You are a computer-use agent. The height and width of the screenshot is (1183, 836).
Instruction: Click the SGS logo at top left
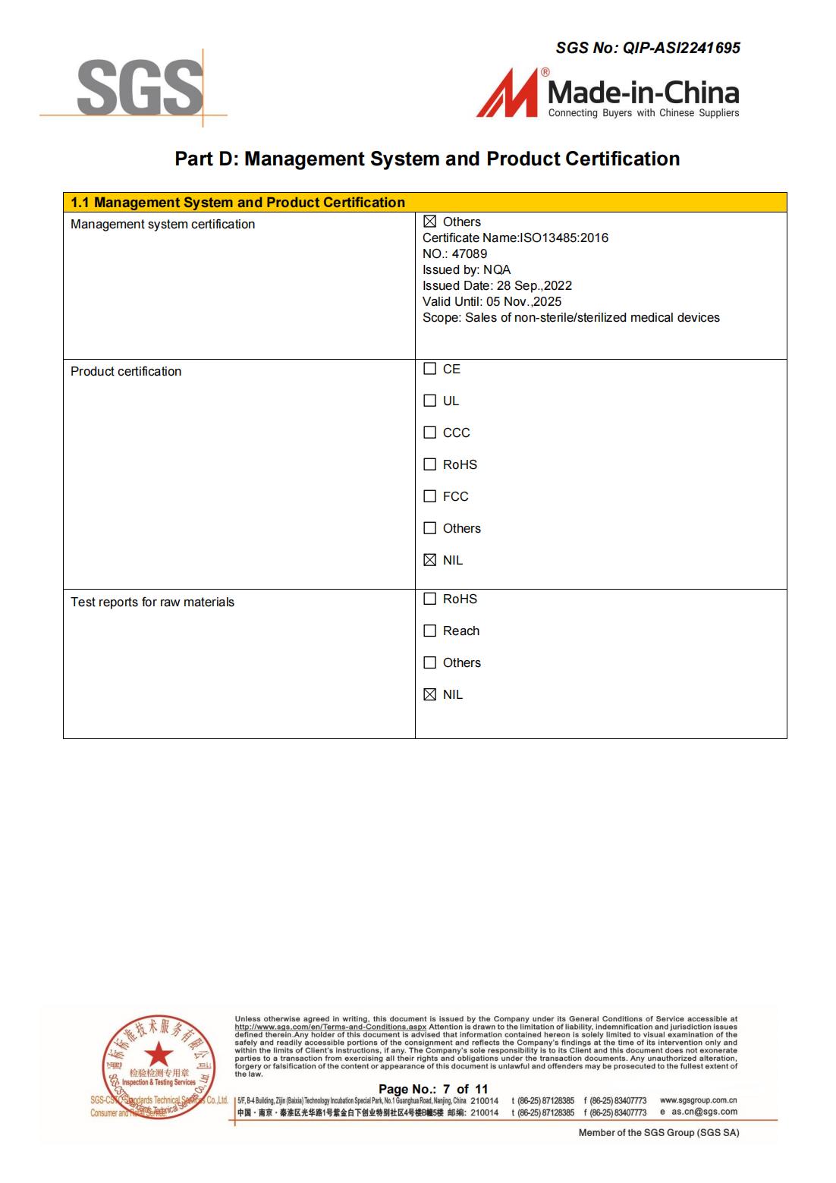click(140, 88)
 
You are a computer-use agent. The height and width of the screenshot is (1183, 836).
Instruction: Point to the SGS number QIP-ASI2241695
click(681, 48)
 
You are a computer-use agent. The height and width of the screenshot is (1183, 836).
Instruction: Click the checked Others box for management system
click(430, 222)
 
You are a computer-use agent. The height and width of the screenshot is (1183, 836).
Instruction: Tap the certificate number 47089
click(469, 253)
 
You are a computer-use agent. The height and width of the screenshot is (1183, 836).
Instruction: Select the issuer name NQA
click(497, 269)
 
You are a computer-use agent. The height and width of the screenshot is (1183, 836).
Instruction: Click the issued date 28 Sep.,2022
click(534, 285)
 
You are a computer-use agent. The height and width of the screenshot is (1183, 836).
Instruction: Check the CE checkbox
click(430, 369)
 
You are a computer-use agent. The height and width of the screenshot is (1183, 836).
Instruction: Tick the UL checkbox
click(430, 401)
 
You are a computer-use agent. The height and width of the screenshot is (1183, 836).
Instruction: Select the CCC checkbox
click(430, 433)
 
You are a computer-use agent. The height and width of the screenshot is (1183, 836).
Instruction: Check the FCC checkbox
click(430, 496)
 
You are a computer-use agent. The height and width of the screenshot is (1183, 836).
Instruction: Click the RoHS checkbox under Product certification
click(430, 464)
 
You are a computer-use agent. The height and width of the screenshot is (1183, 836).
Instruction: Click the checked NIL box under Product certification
click(430, 560)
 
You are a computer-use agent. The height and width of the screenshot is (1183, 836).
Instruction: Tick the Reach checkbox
click(430, 631)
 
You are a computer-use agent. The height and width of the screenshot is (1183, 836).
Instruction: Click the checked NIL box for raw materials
click(430, 694)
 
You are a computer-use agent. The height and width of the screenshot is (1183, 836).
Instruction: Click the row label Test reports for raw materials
click(152, 602)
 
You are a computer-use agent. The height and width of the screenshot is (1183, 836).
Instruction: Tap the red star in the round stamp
click(159, 1054)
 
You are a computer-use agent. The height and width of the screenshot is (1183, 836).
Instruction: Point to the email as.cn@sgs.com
click(704, 1112)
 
